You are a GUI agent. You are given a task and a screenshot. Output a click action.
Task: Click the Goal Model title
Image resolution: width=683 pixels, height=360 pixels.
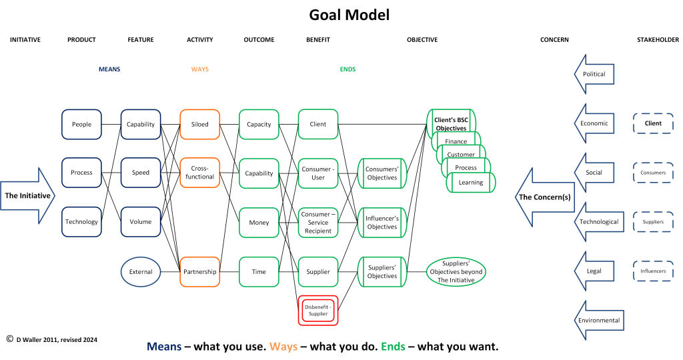(349, 15)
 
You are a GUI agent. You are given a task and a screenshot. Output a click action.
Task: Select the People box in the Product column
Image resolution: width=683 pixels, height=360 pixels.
(81, 124)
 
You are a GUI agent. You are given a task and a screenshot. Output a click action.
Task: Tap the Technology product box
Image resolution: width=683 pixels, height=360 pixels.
(81, 221)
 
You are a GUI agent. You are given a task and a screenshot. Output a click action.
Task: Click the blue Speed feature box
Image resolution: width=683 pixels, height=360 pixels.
(141, 173)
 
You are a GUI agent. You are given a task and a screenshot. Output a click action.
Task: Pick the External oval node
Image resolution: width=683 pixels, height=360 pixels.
(141, 271)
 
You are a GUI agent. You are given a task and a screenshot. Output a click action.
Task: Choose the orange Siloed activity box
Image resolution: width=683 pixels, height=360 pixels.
(199, 124)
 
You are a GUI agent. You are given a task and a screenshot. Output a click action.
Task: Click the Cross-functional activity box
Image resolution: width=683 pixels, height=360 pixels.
(199, 173)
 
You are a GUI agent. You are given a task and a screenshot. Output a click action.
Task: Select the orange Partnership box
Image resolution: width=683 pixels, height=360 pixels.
(199, 271)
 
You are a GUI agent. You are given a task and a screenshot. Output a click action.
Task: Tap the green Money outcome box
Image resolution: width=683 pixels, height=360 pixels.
(259, 222)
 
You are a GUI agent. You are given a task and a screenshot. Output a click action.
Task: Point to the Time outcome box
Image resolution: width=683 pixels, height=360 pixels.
(259, 271)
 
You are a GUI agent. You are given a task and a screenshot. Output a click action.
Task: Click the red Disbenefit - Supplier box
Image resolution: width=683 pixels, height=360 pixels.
(318, 309)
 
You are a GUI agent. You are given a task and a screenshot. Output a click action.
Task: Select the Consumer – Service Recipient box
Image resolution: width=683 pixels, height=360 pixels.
(318, 222)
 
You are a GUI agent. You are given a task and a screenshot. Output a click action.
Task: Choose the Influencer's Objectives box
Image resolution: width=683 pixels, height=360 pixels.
(382, 222)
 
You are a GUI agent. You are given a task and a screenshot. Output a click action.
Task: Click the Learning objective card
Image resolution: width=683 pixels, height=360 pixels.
(471, 183)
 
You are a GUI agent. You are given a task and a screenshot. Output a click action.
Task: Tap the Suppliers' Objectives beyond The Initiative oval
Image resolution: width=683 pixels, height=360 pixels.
(457, 271)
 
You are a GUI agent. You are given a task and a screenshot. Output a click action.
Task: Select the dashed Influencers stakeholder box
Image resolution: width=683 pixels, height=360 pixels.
(653, 271)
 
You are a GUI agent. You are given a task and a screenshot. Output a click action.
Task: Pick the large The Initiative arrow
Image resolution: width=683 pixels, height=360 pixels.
(29, 195)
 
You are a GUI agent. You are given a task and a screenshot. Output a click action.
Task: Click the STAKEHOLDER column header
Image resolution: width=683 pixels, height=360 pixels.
(658, 40)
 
